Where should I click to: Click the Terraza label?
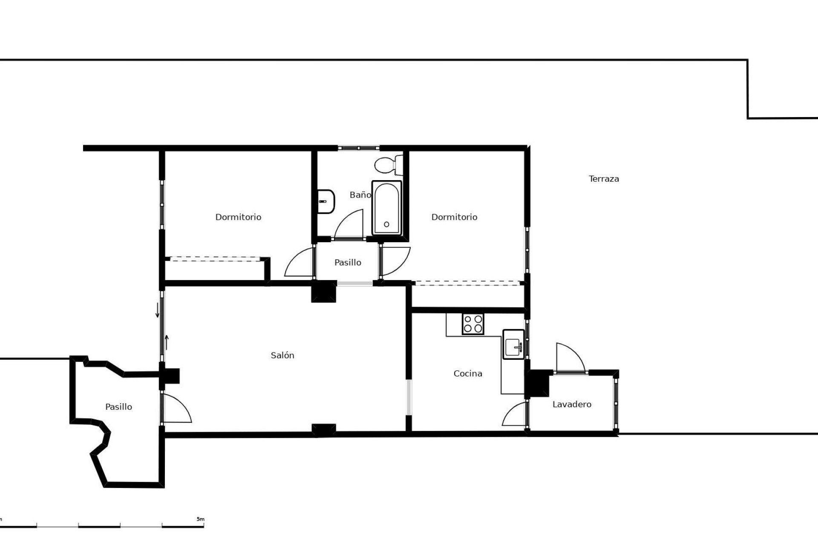pyautogui.click(x=604, y=179)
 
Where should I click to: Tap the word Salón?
pyautogui.click(x=282, y=355)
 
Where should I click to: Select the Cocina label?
pyautogui.click(x=468, y=373)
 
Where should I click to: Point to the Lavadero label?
pyautogui.click(x=572, y=404)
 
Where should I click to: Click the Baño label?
pyautogui.click(x=360, y=195)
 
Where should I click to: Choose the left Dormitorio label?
pyautogui.click(x=238, y=217)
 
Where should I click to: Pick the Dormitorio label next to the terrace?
pyautogui.click(x=454, y=217)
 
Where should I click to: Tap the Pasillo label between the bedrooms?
pyautogui.click(x=348, y=262)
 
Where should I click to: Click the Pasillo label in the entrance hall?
pyautogui.click(x=118, y=407)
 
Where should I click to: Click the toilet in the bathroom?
pyautogui.click(x=389, y=165)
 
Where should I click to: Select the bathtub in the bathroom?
pyautogui.click(x=386, y=208)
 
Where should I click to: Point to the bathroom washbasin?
pyautogui.click(x=326, y=201)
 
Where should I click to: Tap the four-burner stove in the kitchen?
pyautogui.click(x=473, y=324)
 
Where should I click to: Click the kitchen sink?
pyautogui.click(x=513, y=344)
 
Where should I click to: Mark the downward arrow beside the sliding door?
pyautogui.click(x=157, y=310)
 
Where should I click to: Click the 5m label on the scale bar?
pyautogui.click(x=200, y=519)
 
